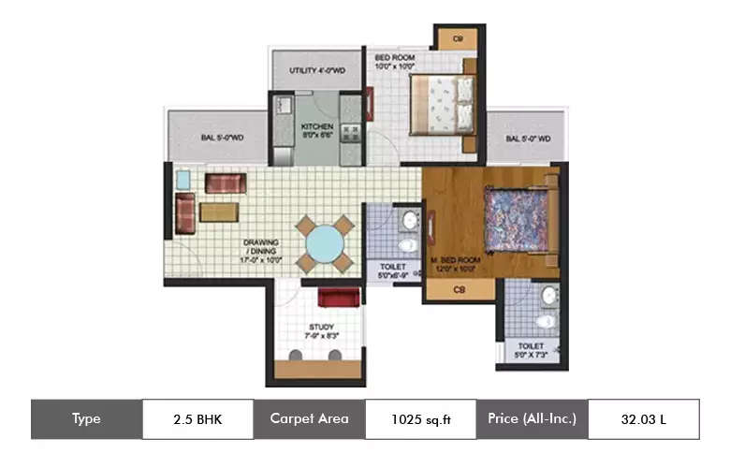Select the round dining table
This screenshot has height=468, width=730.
(325, 243)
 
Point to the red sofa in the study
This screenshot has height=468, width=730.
(339, 298)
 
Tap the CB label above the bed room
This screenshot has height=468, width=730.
(458, 38)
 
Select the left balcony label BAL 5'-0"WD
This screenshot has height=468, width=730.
(222, 139)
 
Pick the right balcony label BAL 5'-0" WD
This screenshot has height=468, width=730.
(528, 139)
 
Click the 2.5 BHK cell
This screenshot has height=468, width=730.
(197, 418)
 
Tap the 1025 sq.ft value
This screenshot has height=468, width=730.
(420, 418)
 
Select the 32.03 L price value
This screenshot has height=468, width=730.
(643, 418)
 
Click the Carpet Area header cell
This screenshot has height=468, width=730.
(309, 418)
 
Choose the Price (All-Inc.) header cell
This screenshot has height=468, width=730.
(532, 418)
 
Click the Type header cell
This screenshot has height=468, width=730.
(86, 418)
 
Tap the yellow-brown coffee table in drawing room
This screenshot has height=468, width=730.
(219, 212)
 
